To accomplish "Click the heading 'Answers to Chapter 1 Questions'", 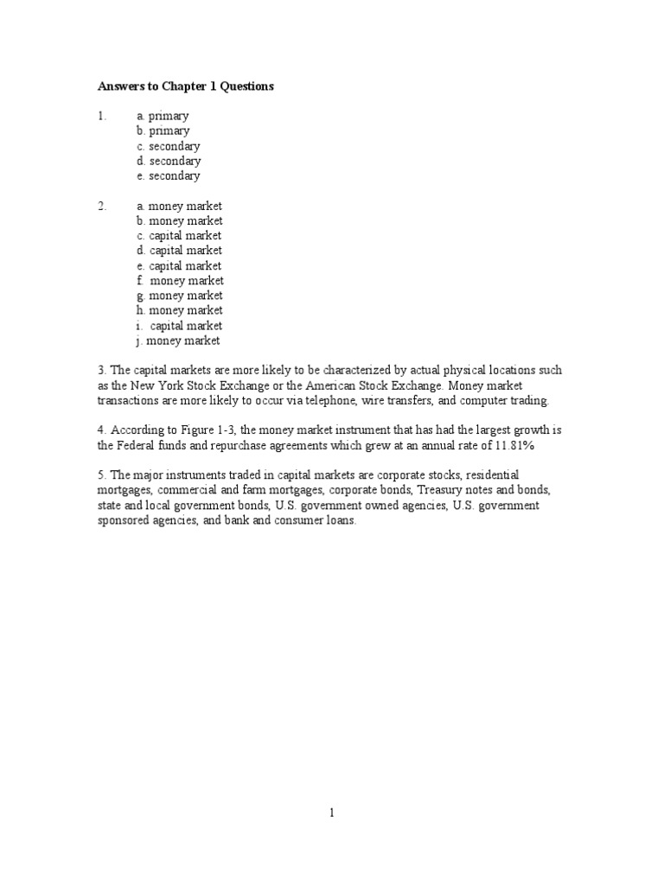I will click(x=185, y=86).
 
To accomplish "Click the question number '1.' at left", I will click(x=102, y=116).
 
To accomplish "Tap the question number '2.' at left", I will click(x=102, y=207).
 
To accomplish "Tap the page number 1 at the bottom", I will click(x=331, y=812).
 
